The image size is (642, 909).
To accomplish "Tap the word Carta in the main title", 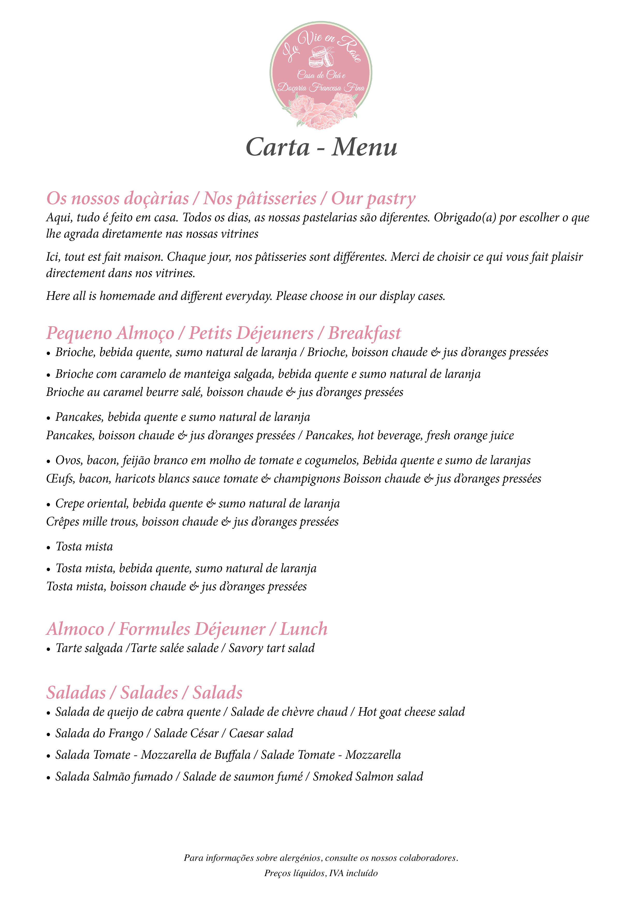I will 278,147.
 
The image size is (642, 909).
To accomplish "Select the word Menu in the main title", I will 364,147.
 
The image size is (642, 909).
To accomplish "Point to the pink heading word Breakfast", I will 364,333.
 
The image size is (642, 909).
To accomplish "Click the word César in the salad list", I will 206,734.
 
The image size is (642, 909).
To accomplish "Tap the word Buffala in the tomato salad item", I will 232,755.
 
